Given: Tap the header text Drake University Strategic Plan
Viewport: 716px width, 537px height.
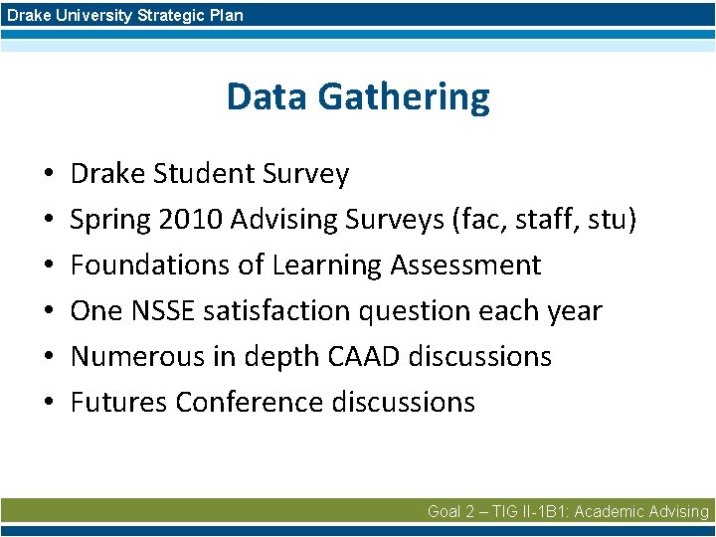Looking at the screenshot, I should point(124,15).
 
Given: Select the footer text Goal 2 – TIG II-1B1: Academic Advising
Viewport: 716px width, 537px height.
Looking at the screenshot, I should point(568,511).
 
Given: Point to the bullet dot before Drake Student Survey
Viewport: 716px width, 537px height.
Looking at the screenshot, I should point(49,175).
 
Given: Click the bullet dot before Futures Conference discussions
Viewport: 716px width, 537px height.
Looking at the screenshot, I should point(49,403).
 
